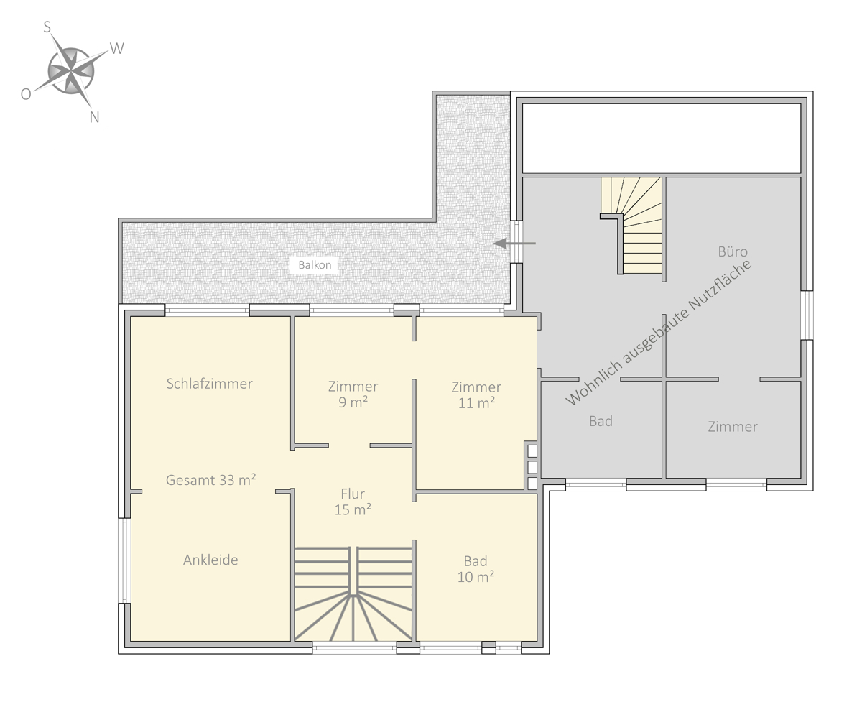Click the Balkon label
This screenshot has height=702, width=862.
[315, 264]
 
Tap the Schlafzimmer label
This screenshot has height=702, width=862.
[210, 384]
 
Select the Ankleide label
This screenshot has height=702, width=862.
[210, 560]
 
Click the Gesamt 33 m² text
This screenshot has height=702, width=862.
[211, 480]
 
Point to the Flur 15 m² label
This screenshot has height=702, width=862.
[353, 502]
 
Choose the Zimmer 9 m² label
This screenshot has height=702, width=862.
[353, 394]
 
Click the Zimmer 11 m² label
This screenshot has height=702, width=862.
[476, 394]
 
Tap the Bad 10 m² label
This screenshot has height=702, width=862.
[476, 569]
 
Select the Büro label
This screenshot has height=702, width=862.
[733, 251]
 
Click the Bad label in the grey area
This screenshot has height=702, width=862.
[601, 421]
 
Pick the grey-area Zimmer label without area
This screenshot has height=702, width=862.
[733, 426]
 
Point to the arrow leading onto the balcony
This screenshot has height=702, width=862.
[514, 244]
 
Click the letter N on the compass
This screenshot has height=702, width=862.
[94, 117]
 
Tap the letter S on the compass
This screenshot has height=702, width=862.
[47, 27]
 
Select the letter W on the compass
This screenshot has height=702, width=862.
[116, 49]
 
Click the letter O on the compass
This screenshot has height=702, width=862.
[25, 94]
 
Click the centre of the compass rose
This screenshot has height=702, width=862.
[71, 71]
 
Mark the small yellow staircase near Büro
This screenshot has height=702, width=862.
[631, 225]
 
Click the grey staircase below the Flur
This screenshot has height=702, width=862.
[353, 594]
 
